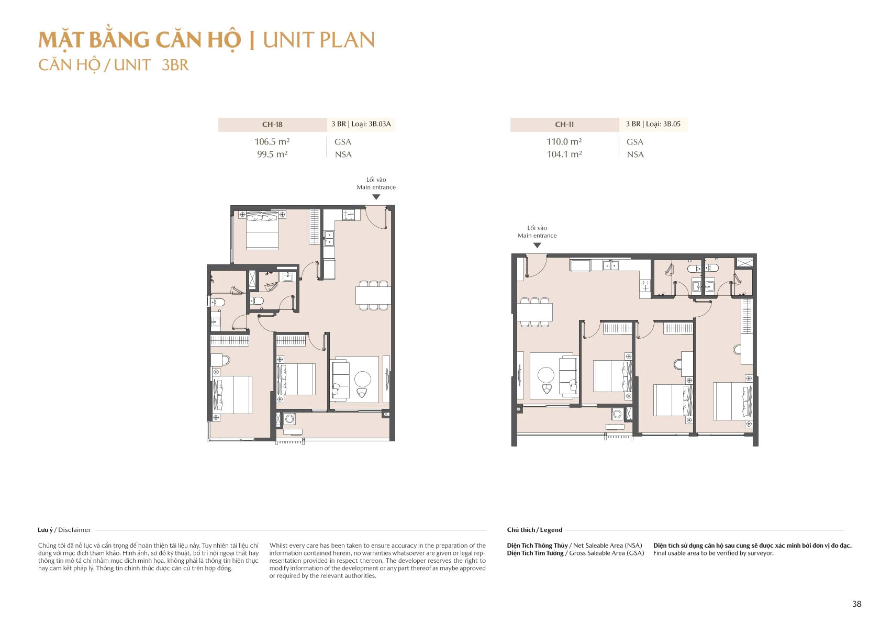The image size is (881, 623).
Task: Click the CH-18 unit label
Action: tap(272, 125)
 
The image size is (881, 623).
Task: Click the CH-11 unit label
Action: tap(564, 125)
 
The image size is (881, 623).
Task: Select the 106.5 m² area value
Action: tap(272, 141)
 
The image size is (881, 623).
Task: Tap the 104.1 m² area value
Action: tap(564, 154)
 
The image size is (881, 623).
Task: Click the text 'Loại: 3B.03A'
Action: tap(371, 124)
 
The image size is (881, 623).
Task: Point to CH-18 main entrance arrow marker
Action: tap(376, 197)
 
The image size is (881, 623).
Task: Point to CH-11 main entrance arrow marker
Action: tap(537, 246)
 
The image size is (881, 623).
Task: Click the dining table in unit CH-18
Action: tap(373, 296)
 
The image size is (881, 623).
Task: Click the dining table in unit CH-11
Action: tap(535, 313)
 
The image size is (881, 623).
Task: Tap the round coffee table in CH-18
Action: tap(363, 379)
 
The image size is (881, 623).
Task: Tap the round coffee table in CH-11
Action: tap(546, 375)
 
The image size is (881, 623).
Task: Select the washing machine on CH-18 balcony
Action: tap(289, 419)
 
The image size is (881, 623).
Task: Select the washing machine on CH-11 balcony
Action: tap(617, 414)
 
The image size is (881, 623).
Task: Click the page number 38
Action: tap(856, 604)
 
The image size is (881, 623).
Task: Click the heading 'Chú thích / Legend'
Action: tap(534, 530)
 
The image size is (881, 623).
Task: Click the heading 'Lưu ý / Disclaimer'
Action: tap(64, 530)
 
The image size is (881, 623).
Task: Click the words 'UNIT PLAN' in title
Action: tap(319, 40)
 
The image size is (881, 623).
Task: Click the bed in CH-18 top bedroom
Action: tap(262, 231)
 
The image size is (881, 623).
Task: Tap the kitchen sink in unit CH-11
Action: tap(610, 265)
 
